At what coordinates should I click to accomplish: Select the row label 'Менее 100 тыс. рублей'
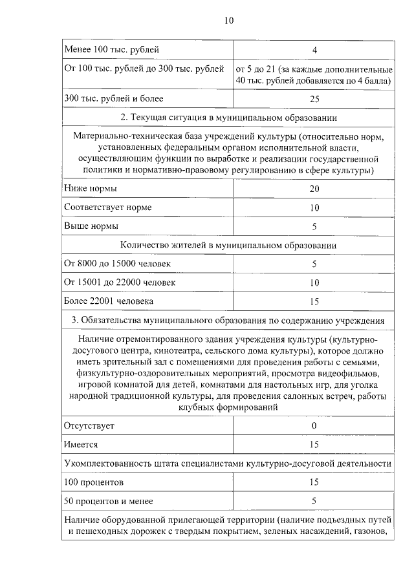[x=111, y=50]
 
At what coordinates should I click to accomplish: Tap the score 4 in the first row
[x=314, y=50]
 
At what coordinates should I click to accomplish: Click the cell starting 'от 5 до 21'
[x=314, y=75]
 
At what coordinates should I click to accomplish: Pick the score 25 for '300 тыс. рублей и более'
[x=314, y=99]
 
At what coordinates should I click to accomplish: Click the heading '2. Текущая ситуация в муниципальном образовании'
[x=228, y=118]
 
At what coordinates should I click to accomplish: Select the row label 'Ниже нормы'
[x=91, y=189]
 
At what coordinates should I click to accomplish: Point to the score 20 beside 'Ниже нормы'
[x=314, y=189]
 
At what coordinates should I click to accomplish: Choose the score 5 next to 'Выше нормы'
[x=314, y=226]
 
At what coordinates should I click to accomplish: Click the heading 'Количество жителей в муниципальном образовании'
[x=228, y=246]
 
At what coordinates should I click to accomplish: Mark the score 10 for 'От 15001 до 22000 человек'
[x=314, y=283]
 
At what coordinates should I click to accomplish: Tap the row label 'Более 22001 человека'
[x=109, y=302]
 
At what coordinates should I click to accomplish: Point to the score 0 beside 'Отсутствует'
[x=314, y=426]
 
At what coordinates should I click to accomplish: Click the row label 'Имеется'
[x=81, y=445]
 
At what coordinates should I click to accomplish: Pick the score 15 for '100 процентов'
[x=314, y=482]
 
